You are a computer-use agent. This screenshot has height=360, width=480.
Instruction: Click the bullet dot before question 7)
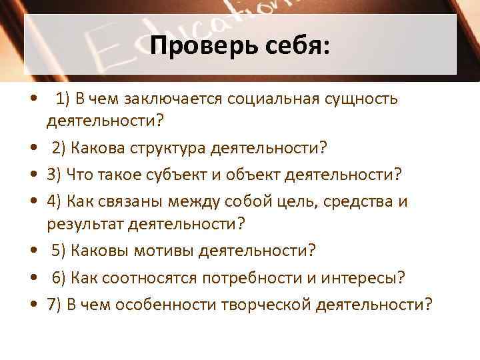[33, 305]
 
